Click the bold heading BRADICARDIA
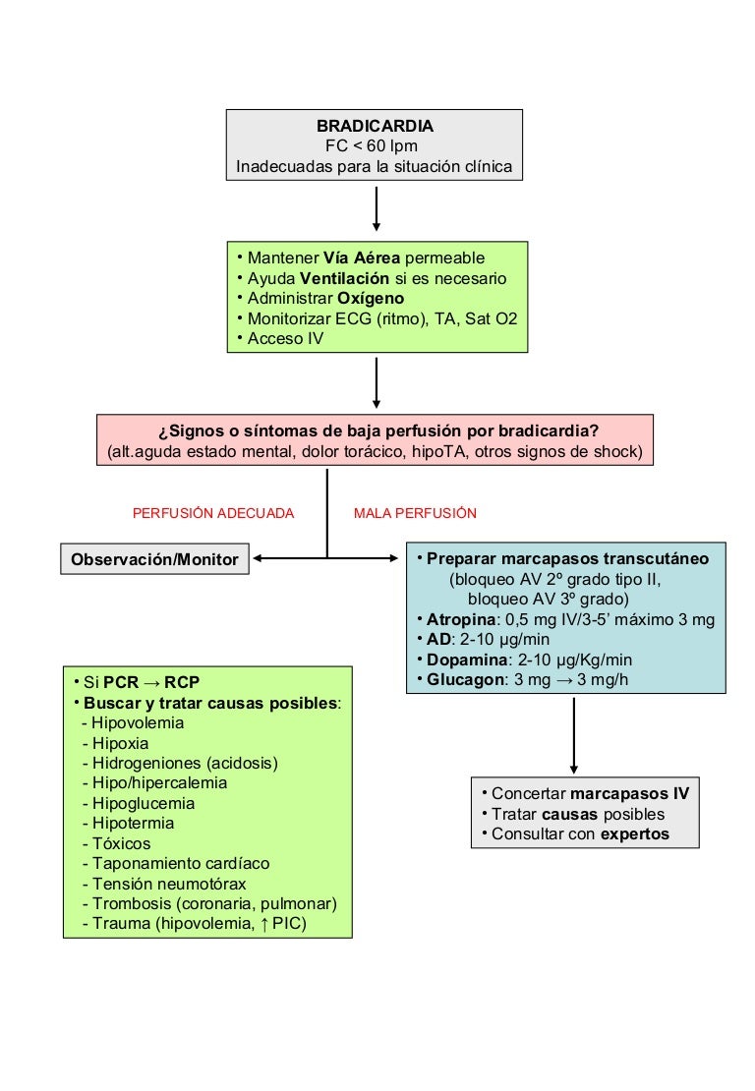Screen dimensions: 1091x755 (x=375, y=127)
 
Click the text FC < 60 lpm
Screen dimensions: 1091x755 (x=375, y=146)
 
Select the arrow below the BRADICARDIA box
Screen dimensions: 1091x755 (x=377, y=209)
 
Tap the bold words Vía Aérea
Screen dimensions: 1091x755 (x=362, y=258)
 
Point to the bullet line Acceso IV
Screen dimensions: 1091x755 (x=285, y=338)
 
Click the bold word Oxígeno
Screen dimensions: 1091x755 (x=369, y=298)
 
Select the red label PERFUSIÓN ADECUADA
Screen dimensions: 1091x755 (x=213, y=513)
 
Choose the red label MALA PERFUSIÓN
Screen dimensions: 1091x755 (x=415, y=513)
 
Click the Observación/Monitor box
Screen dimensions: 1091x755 (x=154, y=560)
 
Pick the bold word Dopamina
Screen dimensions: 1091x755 (x=465, y=659)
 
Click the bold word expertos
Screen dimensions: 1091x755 (x=635, y=834)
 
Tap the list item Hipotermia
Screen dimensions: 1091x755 (x=133, y=824)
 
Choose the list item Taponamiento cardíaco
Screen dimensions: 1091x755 (x=181, y=864)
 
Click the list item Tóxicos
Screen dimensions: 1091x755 (x=122, y=843)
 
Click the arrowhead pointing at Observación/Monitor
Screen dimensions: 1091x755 (x=259, y=560)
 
